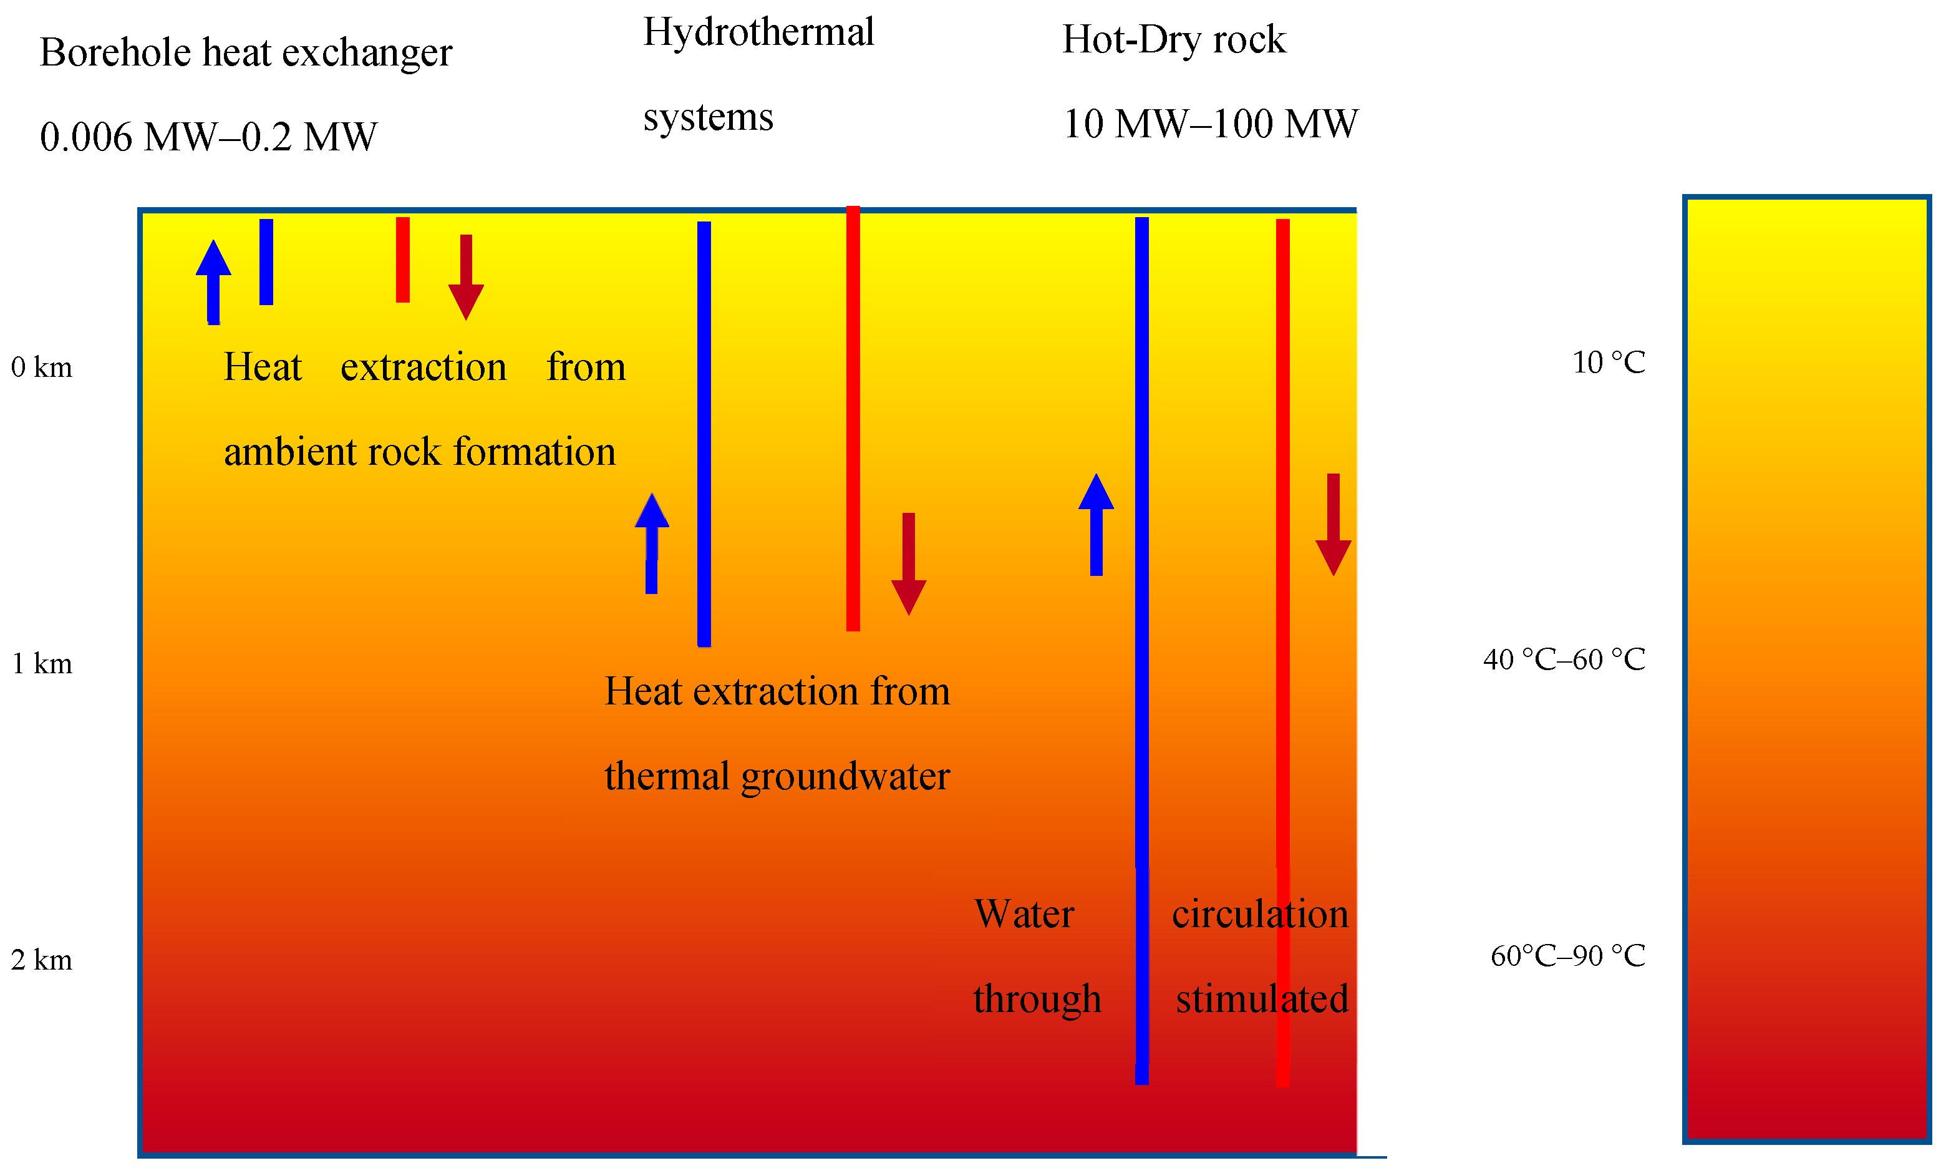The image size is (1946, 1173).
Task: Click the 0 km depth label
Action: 41,367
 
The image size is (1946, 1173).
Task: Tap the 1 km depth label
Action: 41,663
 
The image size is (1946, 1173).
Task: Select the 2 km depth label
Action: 41,960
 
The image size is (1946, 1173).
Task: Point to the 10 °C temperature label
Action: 1608,363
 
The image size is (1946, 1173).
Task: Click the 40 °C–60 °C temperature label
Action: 1564,659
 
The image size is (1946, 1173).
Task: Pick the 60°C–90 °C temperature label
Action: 1567,956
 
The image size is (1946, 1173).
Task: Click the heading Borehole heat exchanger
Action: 246,53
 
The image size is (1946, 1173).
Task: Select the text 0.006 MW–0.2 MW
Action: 208,137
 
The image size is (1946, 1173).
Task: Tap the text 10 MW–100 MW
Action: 1210,124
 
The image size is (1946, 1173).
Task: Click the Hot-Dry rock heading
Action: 1174,39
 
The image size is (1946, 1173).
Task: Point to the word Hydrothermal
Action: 758,32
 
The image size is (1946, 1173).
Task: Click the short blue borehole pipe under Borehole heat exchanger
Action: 266,261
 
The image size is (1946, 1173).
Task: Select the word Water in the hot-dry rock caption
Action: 1024,914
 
